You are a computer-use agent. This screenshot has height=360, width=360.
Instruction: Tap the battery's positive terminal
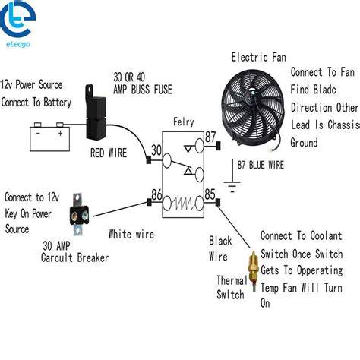click(60, 125)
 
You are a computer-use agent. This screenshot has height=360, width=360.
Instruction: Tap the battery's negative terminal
click(38, 125)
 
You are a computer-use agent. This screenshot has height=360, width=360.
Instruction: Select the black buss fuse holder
click(95, 113)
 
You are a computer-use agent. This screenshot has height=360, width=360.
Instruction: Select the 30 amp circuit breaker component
click(79, 215)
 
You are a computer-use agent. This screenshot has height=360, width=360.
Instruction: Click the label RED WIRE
click(109, 153)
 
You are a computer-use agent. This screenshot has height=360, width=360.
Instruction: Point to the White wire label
click(131, 234)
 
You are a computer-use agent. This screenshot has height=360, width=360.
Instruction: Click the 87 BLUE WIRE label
click(261, 165)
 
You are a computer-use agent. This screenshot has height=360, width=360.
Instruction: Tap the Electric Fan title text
click(259, 57)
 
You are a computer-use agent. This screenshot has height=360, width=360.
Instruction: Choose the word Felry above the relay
click(184, 122)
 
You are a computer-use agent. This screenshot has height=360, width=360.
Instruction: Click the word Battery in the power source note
click(57, 103)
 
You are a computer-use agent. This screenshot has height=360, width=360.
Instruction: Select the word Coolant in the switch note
click(326, 235)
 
